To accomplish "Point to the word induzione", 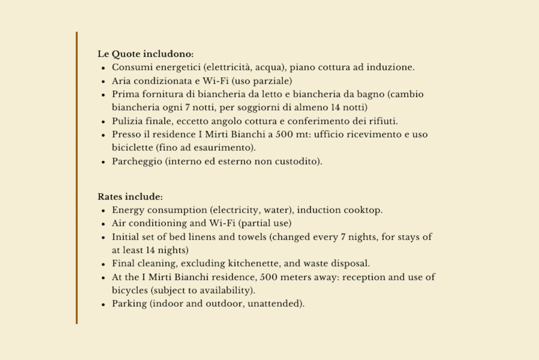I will tap(393, 67).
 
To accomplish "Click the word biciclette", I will tap(129, 148).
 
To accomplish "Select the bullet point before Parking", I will tap(104, 304).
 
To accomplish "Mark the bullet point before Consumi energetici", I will tap(104, 68).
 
